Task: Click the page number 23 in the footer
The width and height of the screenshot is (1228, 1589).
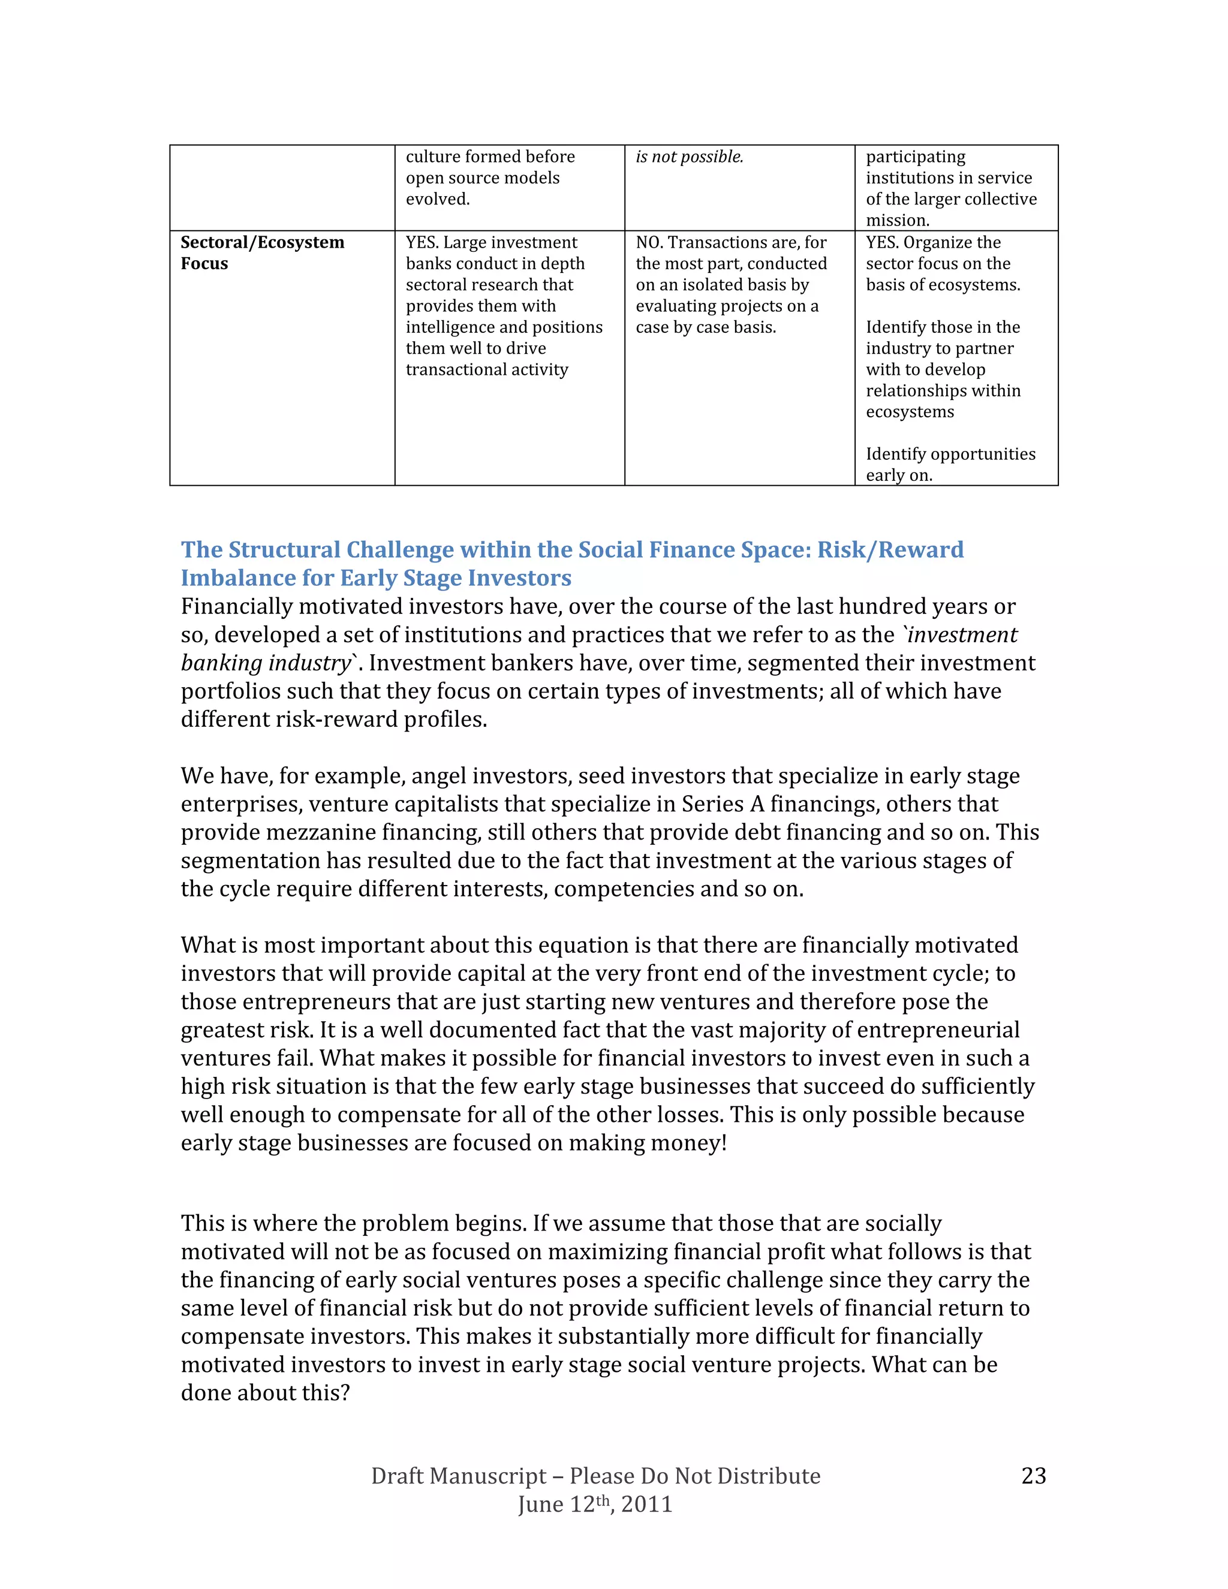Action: [x=1033, y=1476]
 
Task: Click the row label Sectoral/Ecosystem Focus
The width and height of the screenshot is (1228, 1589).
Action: [x=262, y=252]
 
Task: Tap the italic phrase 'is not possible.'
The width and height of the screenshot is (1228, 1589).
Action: [x=689, y=157]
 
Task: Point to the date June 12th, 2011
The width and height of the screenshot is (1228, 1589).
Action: [x=594, y=1504]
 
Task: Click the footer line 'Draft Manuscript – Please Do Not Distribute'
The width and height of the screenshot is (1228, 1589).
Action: [x=595, y=1476]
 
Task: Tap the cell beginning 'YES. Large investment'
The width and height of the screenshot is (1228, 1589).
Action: [x=504, y=306]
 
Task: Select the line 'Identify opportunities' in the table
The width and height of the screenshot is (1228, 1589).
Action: [x=950, y=454]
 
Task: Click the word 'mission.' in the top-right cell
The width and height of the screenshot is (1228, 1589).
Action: [x=897, y=221]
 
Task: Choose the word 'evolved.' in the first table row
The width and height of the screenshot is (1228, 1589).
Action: [x=437, y=199]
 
